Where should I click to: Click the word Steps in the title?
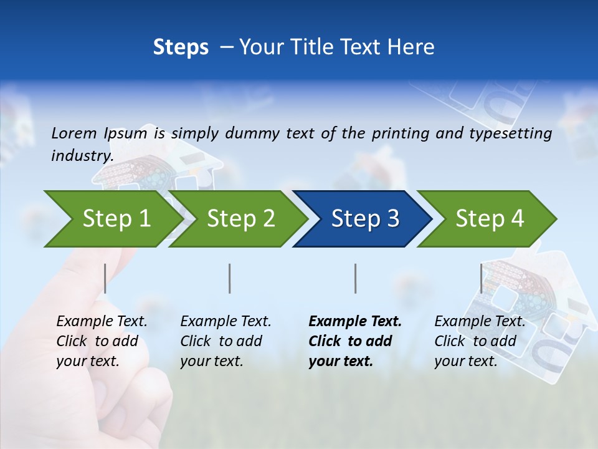coord(181,47)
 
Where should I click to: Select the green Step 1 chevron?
coord(112,219)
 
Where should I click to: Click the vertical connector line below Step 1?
coord(105,278)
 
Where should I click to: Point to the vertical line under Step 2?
coord(230,278)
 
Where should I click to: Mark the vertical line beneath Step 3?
coord(355,278)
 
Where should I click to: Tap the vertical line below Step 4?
coord(481,278)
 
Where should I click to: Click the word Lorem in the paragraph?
coord(74,133)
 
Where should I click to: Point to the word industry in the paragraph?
coord(81,156)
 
